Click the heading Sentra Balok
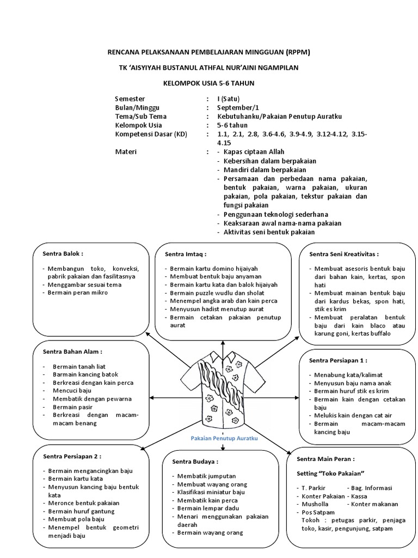click(64, 253)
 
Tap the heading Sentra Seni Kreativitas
click(344, 254)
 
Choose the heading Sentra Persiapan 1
click(338, 360)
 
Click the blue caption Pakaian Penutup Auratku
click(224, 438)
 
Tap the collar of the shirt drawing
click(223, 357)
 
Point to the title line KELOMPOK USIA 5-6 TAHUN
click(209, 83)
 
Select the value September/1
click(237, 108)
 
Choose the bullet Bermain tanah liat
click(78, 366)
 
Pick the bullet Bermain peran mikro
click(78, 293)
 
